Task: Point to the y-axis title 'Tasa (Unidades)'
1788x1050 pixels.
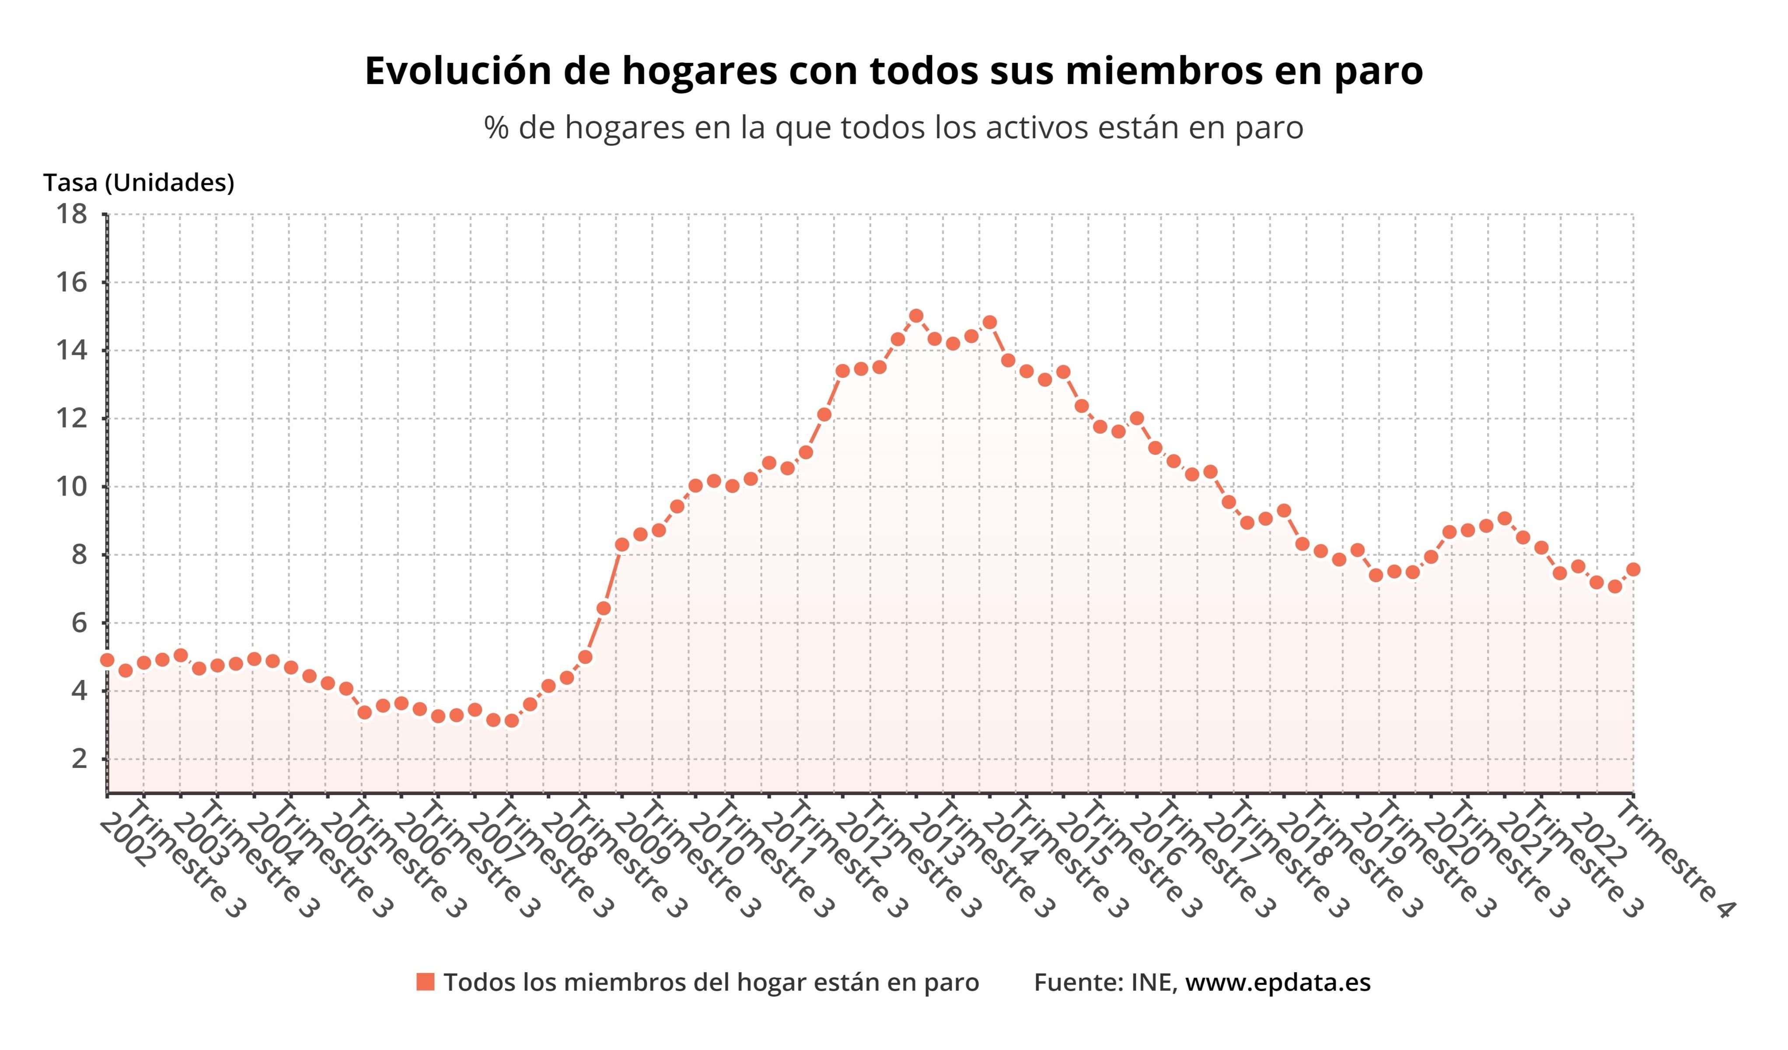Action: click(x=138, y=183)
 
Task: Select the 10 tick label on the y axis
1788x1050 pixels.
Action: click(x=72, y=487)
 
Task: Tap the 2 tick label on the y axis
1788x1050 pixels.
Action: click(x=80, y=759)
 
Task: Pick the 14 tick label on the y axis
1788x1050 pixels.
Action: click(x=72, y=350)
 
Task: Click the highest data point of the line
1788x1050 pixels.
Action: click(x=916, y=316)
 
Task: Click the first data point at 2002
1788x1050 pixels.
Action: click(x=107, y=660)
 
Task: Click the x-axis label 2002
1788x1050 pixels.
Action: click(x=126, y=841)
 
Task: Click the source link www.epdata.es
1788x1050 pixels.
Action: click(x=1277, y=983)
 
